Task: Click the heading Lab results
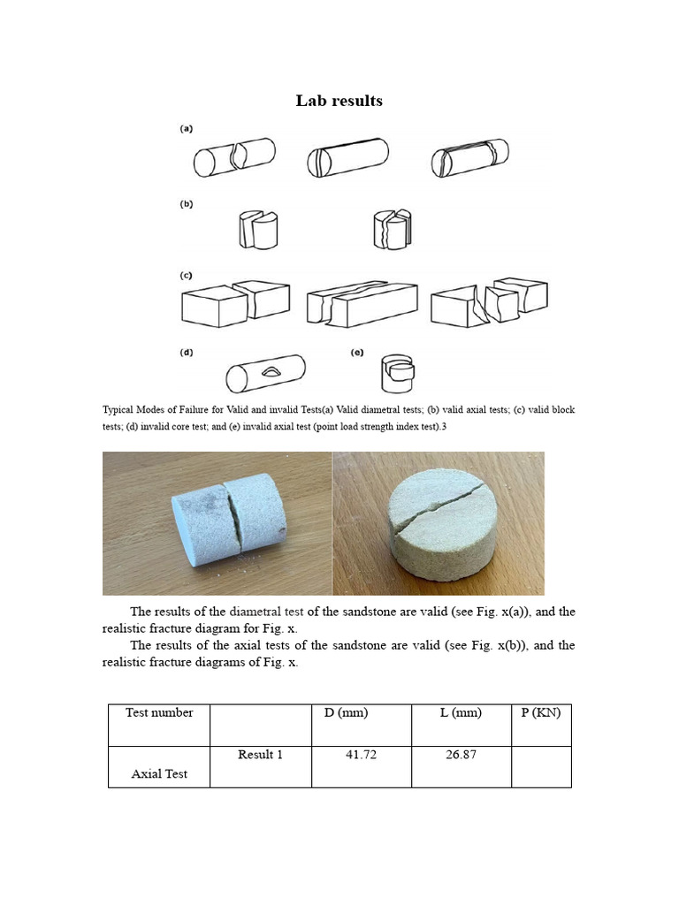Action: (x=339, y=101)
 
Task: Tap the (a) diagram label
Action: (x=187, y=129)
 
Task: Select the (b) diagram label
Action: (x=187, y=204)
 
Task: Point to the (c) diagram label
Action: (x=187, y=276)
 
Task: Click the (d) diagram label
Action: (x=187, y=353)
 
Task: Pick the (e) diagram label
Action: (x=357, y=353)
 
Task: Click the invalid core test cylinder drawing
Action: (x=265, y=374)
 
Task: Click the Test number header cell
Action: (x=159, y=713)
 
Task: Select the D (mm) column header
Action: (x=340, y=713)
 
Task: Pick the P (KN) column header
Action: (x=541, y=713)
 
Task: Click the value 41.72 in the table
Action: (x=361, y=755)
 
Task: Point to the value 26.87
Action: (x=461, y=755)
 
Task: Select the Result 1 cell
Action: (x=260, y=755)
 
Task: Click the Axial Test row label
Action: (x=159, y=774)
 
